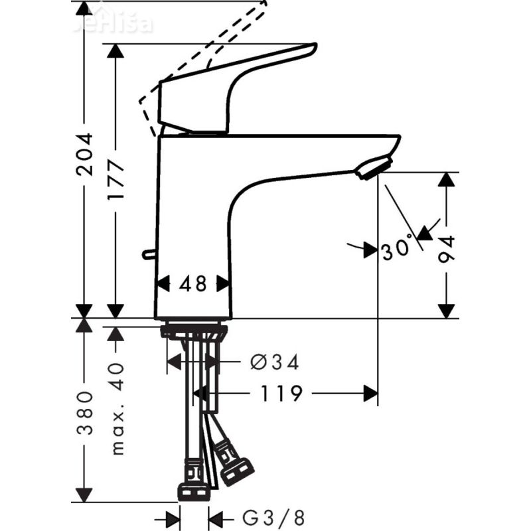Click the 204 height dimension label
(84, 154)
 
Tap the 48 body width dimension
(193, 284)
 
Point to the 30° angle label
(398, 250)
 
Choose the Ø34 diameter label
(275, 362)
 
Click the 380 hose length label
(84, 412)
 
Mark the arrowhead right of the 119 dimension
(370, 394)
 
